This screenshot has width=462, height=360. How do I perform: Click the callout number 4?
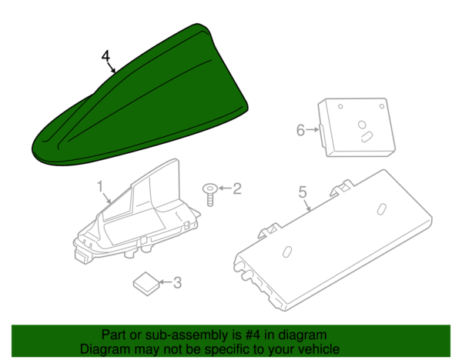tap(105, 56)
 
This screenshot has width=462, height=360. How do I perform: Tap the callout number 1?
tap(100, 186)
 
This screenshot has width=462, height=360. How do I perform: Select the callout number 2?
tap(237, 188)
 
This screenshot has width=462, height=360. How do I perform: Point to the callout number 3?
tap(177, 282)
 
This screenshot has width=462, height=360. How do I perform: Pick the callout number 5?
tap(303, 192)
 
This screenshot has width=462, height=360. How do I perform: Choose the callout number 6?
tap(300, 130)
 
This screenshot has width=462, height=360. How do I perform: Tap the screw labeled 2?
tap(209, 195)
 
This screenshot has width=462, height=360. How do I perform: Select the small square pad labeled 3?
tap(146, 284)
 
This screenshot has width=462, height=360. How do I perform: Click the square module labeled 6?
tap(357, 127)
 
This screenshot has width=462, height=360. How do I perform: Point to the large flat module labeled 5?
tap(333, 240)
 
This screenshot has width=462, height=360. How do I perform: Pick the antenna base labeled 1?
tap(137, 212)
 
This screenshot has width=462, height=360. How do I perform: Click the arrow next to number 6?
tap(313, 129)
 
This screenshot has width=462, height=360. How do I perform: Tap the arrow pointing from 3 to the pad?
tap(166, 282)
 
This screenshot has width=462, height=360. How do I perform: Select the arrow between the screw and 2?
tap(225, 188)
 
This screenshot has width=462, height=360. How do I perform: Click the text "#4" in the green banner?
tap(253, 335)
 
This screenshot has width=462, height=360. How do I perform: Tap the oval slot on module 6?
tap(367, 137)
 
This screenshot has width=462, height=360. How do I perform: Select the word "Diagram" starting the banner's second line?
tap(105, 350)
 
